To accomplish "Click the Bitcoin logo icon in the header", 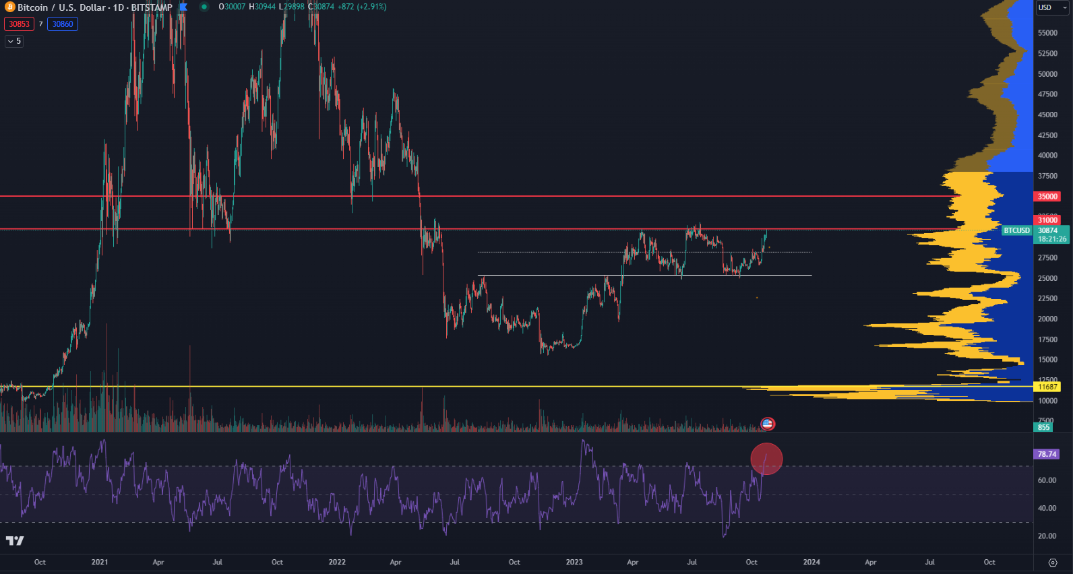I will coord(9,7).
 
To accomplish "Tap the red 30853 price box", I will coord(19,24).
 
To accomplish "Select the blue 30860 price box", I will coord(63,24).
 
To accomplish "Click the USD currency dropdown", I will coord(1052,7).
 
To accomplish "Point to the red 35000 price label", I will coord(1047,197).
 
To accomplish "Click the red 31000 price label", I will coord(1047,220).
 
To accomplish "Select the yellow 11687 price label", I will coord(1047,387).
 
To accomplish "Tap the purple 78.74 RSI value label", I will coord(1047,454).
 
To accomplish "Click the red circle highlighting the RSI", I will coord(766,459).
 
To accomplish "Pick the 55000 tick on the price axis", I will coord(1047,33).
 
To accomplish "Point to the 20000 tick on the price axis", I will coord(1047,319).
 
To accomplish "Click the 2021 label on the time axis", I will coord(100,562).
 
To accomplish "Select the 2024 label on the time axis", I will coord(811,562).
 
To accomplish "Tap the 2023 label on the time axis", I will coord(574,562).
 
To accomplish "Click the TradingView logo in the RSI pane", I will coord(15,540).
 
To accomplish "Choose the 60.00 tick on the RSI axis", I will coord(1047,480).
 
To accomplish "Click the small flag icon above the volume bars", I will coord(767,424).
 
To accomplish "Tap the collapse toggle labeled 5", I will coord(14,41).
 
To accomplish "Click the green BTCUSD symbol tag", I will coord(1016,230).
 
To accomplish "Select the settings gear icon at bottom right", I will coord(1053,563).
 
